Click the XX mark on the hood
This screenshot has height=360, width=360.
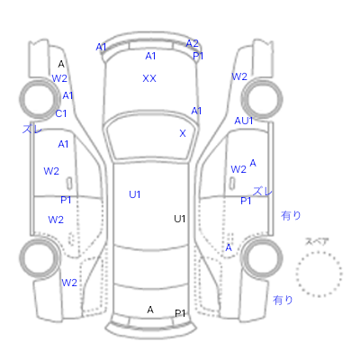[149, 78]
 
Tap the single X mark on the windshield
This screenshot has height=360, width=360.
[183, 133]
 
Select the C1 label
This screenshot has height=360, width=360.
[61, 113]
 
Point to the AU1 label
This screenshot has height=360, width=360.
[244, 121]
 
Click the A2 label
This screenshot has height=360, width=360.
[192, 43]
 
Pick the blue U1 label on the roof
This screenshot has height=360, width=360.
[135, 194]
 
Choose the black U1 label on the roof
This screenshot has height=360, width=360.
[179, 219]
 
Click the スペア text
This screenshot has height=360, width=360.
[317, 241]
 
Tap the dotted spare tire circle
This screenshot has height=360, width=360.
[319, 252]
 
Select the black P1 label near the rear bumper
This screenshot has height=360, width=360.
[180, 313]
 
